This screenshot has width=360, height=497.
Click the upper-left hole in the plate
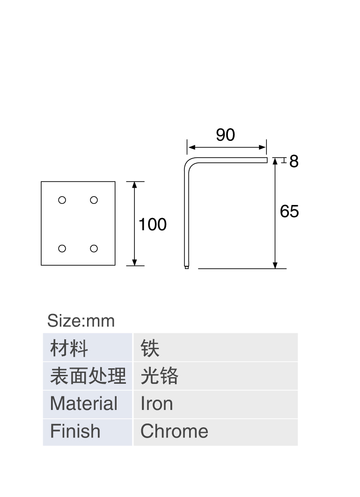click(62, 200)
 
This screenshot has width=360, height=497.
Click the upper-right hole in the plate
click(94, 200)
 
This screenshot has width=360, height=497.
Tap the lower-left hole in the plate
click(62, 248)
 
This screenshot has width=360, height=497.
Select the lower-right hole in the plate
click(94, 248)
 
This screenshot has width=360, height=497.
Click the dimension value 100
click(153, 225)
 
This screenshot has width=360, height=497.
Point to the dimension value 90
click(226, 135)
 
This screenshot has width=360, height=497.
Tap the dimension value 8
click(294, 161)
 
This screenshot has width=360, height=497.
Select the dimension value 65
click(289, 211)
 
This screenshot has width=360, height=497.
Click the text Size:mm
click(81, 321)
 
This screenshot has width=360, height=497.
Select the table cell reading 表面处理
click(88, 376)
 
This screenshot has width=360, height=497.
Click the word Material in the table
click(84, 403)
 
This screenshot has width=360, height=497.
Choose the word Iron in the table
click(157, 403)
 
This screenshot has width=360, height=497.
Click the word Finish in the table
click(75, 431)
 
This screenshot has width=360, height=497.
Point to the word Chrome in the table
click(174, 431)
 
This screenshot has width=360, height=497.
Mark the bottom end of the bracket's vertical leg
click(186, 268)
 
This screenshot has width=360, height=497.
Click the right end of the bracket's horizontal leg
click(267, 160)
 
